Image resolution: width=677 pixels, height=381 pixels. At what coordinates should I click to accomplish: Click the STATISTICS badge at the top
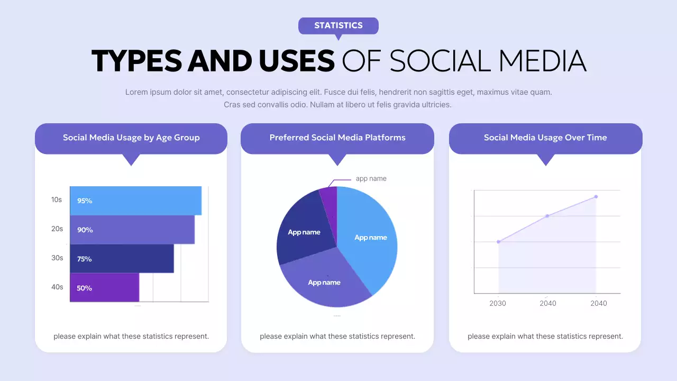(x=338, y=25)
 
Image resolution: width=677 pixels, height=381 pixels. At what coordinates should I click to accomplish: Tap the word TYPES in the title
(x=137, y=61)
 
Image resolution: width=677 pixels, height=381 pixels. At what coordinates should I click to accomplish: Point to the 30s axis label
(x=57, y=258)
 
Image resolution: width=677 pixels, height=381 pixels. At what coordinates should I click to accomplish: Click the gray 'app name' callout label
(x=371, y=179)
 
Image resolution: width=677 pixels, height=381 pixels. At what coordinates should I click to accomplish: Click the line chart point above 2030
(x=498, y=242)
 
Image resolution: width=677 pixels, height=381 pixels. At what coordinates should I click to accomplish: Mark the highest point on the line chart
(x=596, y=197)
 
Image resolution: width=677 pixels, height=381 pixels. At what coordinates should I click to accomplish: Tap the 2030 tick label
(x=497, y=304)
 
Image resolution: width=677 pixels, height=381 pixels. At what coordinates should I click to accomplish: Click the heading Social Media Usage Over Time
(x=545, y=138)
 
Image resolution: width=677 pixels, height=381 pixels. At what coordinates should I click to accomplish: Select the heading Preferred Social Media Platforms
(x=337, y=138)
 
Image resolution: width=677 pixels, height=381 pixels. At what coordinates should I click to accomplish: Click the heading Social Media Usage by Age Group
(x=131, y=138)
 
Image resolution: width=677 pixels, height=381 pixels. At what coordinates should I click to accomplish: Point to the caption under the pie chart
(x=337, y=337)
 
